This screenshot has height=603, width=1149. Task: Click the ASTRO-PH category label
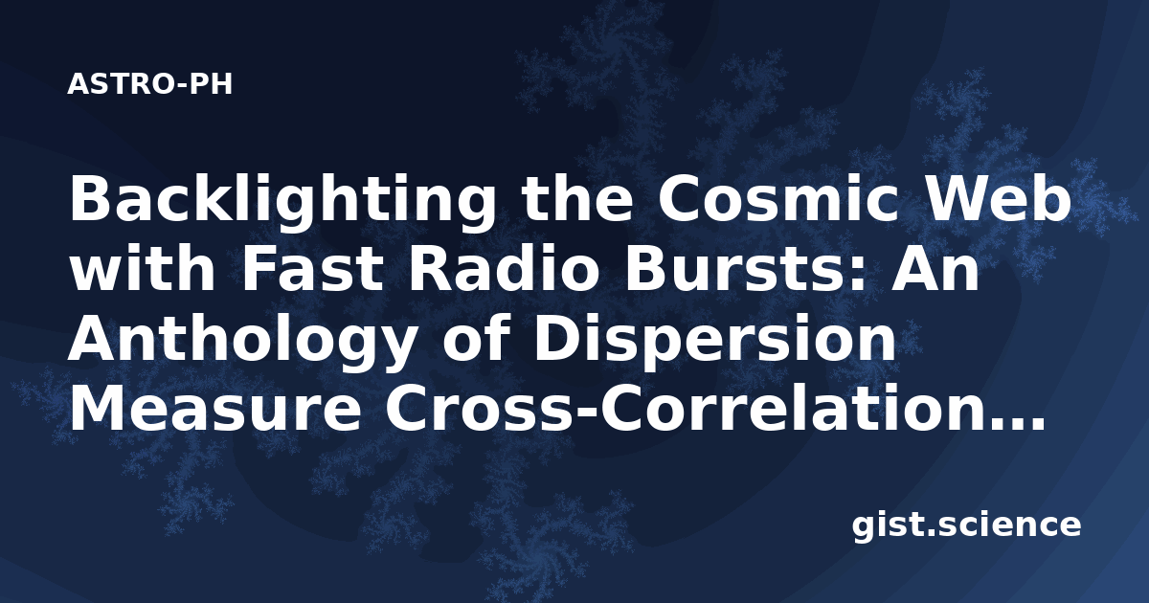point(149,84)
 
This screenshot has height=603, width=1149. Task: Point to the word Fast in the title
point(312,269)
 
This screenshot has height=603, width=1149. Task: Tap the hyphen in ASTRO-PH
point(183,85)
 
